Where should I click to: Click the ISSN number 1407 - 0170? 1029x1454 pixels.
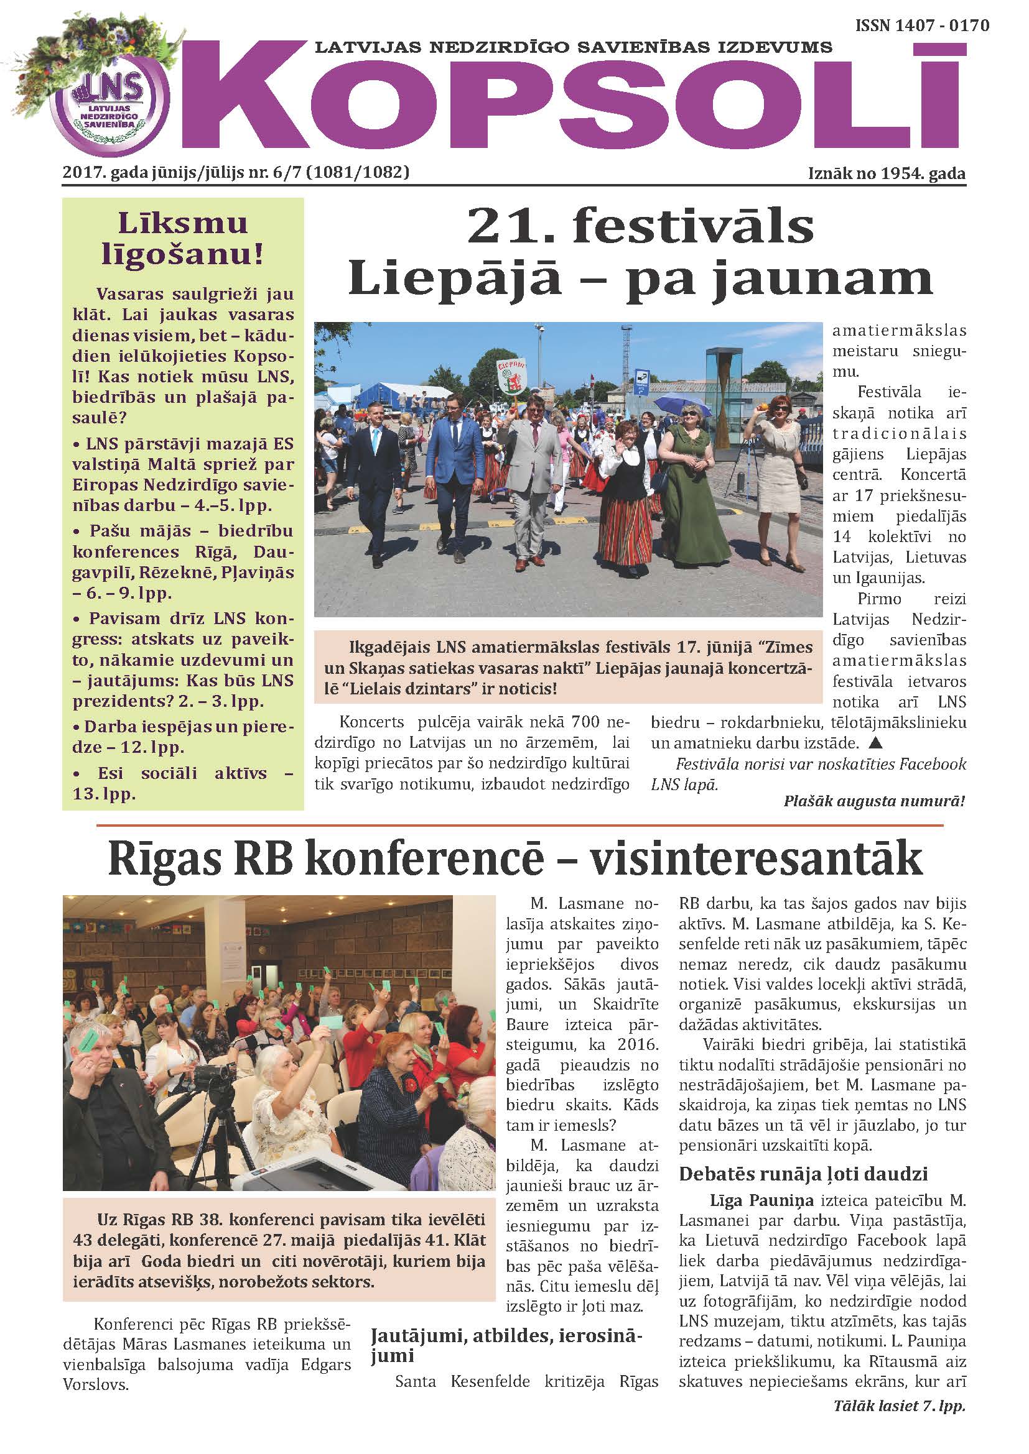click(x=922, y=25)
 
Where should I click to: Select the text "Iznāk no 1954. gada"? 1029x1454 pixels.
click(x=887, y=173)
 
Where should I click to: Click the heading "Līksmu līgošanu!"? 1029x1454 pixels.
click(x=182, y=238)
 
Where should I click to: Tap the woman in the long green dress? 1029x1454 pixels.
click(x=692, y=487)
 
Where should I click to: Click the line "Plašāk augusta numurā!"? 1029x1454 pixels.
click(x=873, y=801)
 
